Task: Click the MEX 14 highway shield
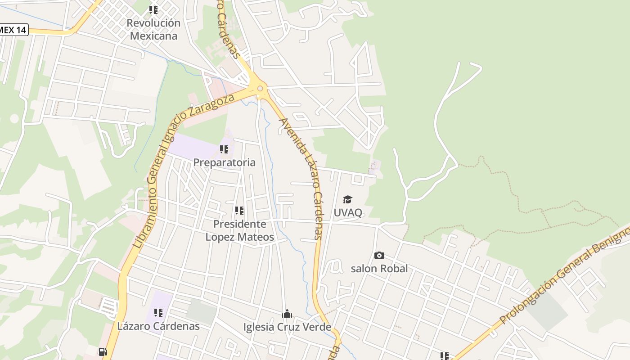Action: click(13, 30)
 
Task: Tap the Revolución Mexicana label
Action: click(153, 30)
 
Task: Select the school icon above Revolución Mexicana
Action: click(153, 9)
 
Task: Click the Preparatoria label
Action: click(224, 162)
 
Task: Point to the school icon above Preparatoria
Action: click(224, 149)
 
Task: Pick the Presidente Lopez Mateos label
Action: click(239, 230)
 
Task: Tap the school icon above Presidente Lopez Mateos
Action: click(239, 210)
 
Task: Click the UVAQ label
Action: click(348, 212)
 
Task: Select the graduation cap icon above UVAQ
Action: click(347, 199)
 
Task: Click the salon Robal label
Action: click(379, 269)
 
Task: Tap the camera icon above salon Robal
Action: click(379, 255)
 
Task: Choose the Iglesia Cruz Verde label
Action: click(287, 327)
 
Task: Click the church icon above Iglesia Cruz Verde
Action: click(287, 314)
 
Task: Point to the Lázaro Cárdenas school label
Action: click(158, 326)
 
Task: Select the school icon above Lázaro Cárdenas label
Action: click(158, 312)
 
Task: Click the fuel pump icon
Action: click(103, 352)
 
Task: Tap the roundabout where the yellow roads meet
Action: click(260, 88)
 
